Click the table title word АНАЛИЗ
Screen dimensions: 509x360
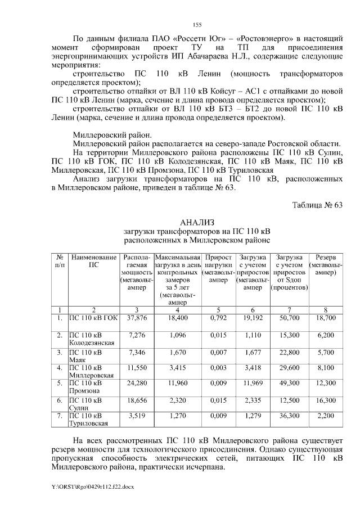(x=197, y=223)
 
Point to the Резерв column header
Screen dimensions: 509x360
(x=326, y=264)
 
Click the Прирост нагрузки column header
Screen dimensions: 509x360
(x=218, y=268)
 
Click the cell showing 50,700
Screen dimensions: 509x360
(x=289, y=318)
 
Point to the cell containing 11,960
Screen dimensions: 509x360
(x=177, y=384)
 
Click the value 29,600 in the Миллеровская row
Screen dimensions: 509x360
(x=289, y=367)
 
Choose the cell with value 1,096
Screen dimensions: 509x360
(x=177, y=335)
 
